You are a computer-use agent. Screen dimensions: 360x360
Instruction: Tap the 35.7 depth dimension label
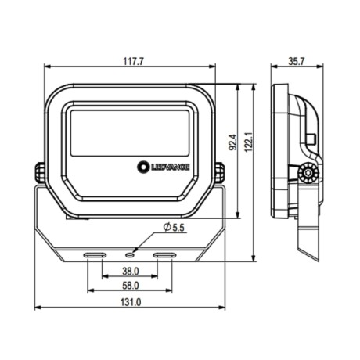(x=297, y=62)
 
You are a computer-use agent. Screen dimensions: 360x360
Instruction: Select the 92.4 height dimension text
(x=232, y=142)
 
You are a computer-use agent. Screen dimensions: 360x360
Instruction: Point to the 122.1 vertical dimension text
(x=249, y=142)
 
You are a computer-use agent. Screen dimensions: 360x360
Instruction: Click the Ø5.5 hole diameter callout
(x=174, y=227)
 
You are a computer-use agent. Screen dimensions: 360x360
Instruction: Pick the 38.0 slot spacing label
(x=131, y=272)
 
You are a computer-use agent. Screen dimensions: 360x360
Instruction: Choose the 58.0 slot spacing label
(x=131, y=286)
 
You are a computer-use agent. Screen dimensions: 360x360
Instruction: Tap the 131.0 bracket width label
(x=131, y=302)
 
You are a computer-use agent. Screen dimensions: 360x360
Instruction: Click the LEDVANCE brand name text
(x=170, y=167)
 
